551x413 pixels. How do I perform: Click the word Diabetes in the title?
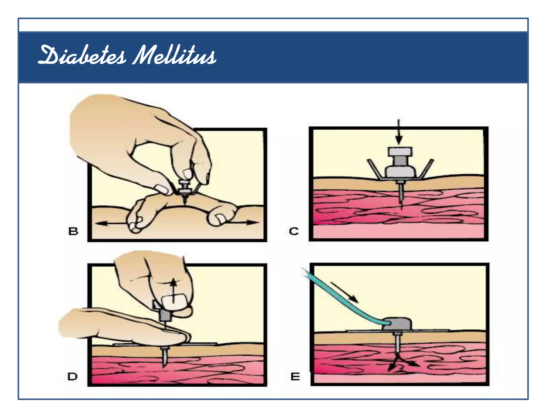point(82,56)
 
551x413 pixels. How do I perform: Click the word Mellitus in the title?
point(174,56)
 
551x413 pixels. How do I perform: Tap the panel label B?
point(73,231)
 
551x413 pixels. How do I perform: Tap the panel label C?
point(294,231)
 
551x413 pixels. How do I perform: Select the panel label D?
point(72,376)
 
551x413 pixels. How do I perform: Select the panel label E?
point(295,377)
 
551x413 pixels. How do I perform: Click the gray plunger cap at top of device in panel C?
point(400,152)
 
